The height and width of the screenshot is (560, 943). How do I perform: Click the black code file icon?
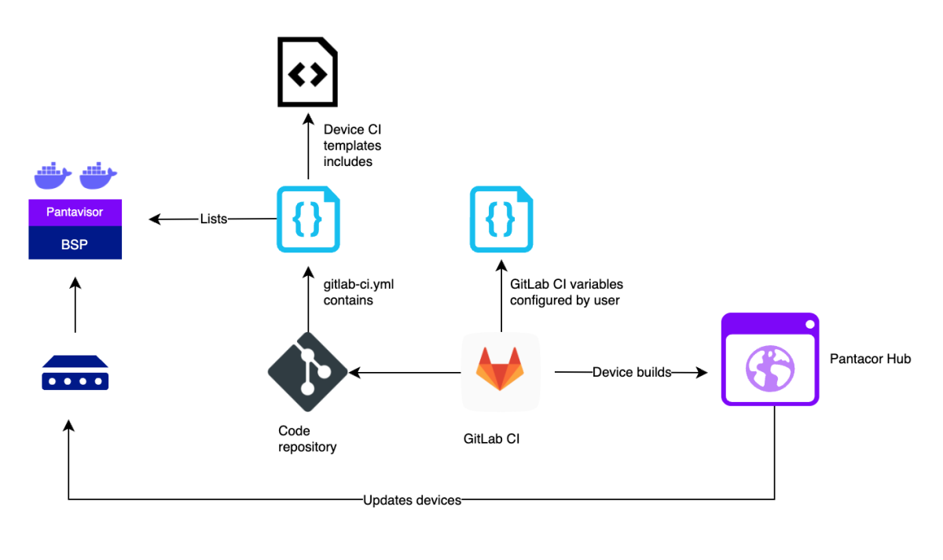307,75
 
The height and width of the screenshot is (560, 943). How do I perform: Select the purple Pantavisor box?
75,212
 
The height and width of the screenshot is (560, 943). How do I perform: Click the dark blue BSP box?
75,244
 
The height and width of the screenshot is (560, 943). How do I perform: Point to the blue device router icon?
75,373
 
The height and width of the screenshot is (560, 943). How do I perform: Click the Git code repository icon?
307,372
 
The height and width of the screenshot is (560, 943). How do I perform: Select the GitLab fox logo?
501,370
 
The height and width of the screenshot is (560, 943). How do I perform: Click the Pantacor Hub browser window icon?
770,359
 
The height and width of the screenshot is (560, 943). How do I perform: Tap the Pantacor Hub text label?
870,359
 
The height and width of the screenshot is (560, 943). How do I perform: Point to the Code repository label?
307,439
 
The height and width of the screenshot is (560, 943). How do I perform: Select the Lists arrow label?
213,219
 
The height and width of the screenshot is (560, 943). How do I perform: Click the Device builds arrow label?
632,372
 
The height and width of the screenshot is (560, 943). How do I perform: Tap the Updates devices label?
412,500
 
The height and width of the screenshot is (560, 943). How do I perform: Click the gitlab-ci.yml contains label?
358,292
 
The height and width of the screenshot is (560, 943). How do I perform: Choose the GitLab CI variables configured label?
566,292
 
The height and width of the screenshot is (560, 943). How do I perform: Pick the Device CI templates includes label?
352,146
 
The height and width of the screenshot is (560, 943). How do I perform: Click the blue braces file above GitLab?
501,219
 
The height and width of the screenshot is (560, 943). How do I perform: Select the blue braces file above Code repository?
307,219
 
